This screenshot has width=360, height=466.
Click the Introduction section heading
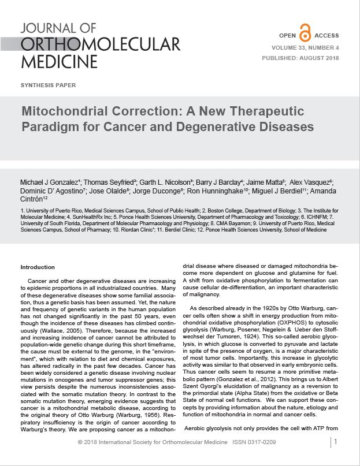pyautogui.click(x=38, y=267)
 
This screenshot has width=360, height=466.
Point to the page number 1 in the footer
pyautogui.click(x=336, y=442)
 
